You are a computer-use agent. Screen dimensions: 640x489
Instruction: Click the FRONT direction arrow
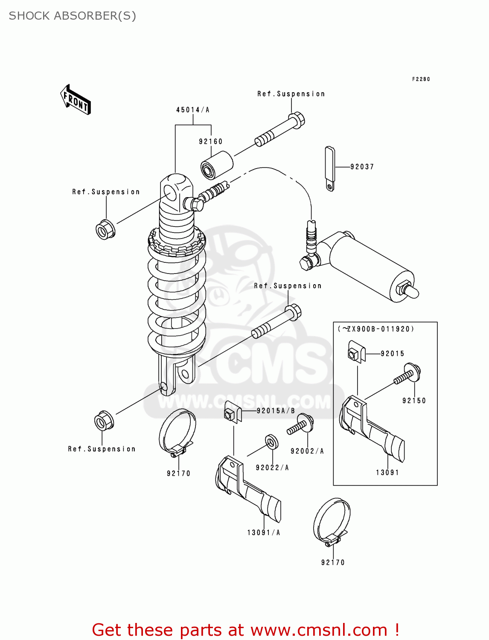point(76,100)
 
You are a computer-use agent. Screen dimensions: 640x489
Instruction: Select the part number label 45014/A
point(193,110)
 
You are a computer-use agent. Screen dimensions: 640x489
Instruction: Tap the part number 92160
point(211,142)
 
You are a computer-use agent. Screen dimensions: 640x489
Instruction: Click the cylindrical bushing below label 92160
point(217,165)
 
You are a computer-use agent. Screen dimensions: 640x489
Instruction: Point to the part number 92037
point(362,167)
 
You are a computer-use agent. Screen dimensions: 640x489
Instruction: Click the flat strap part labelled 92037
point(330,168)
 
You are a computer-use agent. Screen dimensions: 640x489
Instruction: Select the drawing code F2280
point(421,79)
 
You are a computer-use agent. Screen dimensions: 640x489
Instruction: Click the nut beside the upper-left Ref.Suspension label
point(105,230)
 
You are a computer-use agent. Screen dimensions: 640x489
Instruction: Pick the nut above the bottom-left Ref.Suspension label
point(103,422)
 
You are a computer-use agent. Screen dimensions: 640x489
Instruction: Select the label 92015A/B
point(276,411)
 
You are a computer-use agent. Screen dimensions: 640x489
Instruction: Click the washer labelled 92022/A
point(271,442)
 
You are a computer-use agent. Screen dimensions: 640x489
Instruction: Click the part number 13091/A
point(264,532)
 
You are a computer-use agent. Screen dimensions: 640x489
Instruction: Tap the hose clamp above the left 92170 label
point(178,432)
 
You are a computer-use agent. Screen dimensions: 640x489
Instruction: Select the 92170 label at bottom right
point(333,562)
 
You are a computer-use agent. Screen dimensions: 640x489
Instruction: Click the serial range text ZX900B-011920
point(376,329)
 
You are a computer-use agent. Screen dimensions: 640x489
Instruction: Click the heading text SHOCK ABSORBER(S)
point(73,16)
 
